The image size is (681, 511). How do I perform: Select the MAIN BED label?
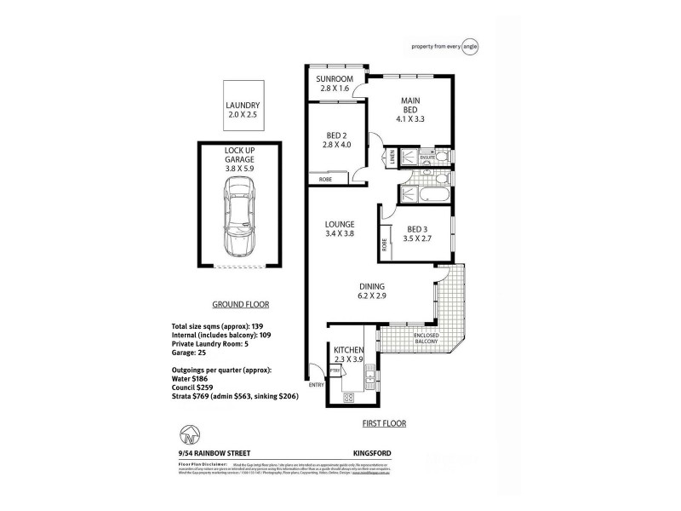412,106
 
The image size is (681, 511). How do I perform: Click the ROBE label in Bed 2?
325,179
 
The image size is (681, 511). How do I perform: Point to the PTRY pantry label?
336,371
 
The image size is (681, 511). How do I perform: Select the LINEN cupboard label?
392,157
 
